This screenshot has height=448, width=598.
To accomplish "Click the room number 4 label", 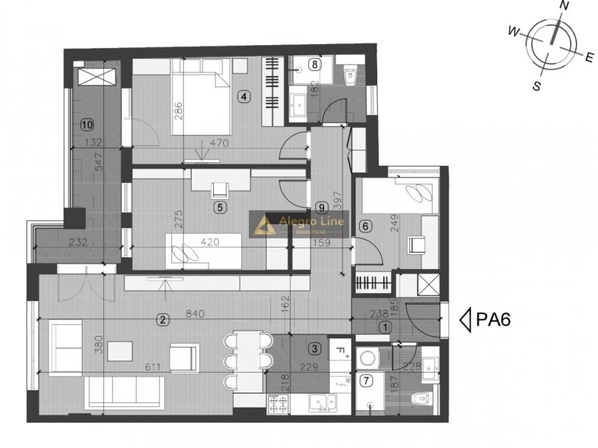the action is coord(244,96).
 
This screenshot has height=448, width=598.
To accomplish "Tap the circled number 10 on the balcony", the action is coord(87,124).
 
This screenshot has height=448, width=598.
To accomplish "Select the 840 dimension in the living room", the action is coord(195,314).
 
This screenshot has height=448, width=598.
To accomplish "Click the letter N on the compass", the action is coord(564,5).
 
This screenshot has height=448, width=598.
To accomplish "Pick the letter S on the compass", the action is coord(537,86).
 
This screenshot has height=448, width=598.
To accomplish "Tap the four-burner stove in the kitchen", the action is coord(278,404).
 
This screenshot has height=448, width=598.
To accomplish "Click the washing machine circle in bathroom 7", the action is coord(368,359).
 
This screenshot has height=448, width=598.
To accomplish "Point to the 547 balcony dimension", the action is coord(98,162).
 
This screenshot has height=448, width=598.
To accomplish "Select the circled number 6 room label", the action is coord(366,226).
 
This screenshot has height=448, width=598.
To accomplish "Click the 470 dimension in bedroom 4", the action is coord(220,143).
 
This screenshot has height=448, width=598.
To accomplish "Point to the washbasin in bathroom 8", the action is coord(298,105).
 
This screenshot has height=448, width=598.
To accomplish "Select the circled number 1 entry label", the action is coord(385,327).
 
